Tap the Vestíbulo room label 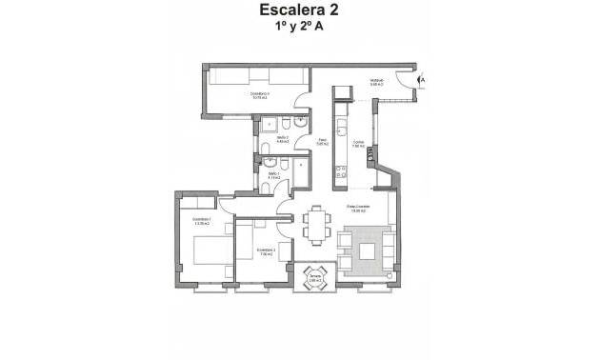pyautogui.click(x=376, y=82)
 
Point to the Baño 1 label pyautogui.click(x=272, y=176)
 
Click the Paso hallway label pyautogui.click(x=323, y=143)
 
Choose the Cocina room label pyautogui.click(x=359, y=145)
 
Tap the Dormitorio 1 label pyautogui.click(x=201, y=221)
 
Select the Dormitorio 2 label pyautogui.click(x=266, y=252)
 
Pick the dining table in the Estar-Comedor pyautogui.click(x=315, y=226)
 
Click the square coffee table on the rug pyautogui.click(x=367, y=250)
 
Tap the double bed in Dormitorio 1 pyautogui.click(x=209, y=251)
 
